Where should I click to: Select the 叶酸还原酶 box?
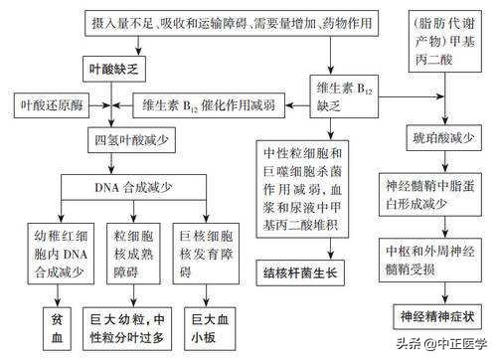pos(53,103)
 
